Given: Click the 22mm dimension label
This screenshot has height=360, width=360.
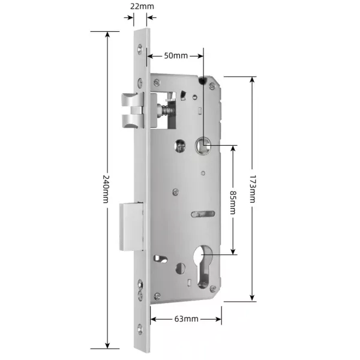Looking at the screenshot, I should (x=142, y=6).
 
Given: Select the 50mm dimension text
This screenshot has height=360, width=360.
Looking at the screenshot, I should (x=176, y=55).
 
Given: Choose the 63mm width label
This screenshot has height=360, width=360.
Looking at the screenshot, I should (x=187, y=319).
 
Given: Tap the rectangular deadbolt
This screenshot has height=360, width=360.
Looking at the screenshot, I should (x=131, y=227).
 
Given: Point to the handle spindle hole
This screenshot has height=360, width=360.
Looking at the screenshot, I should (x=203, y=145).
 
